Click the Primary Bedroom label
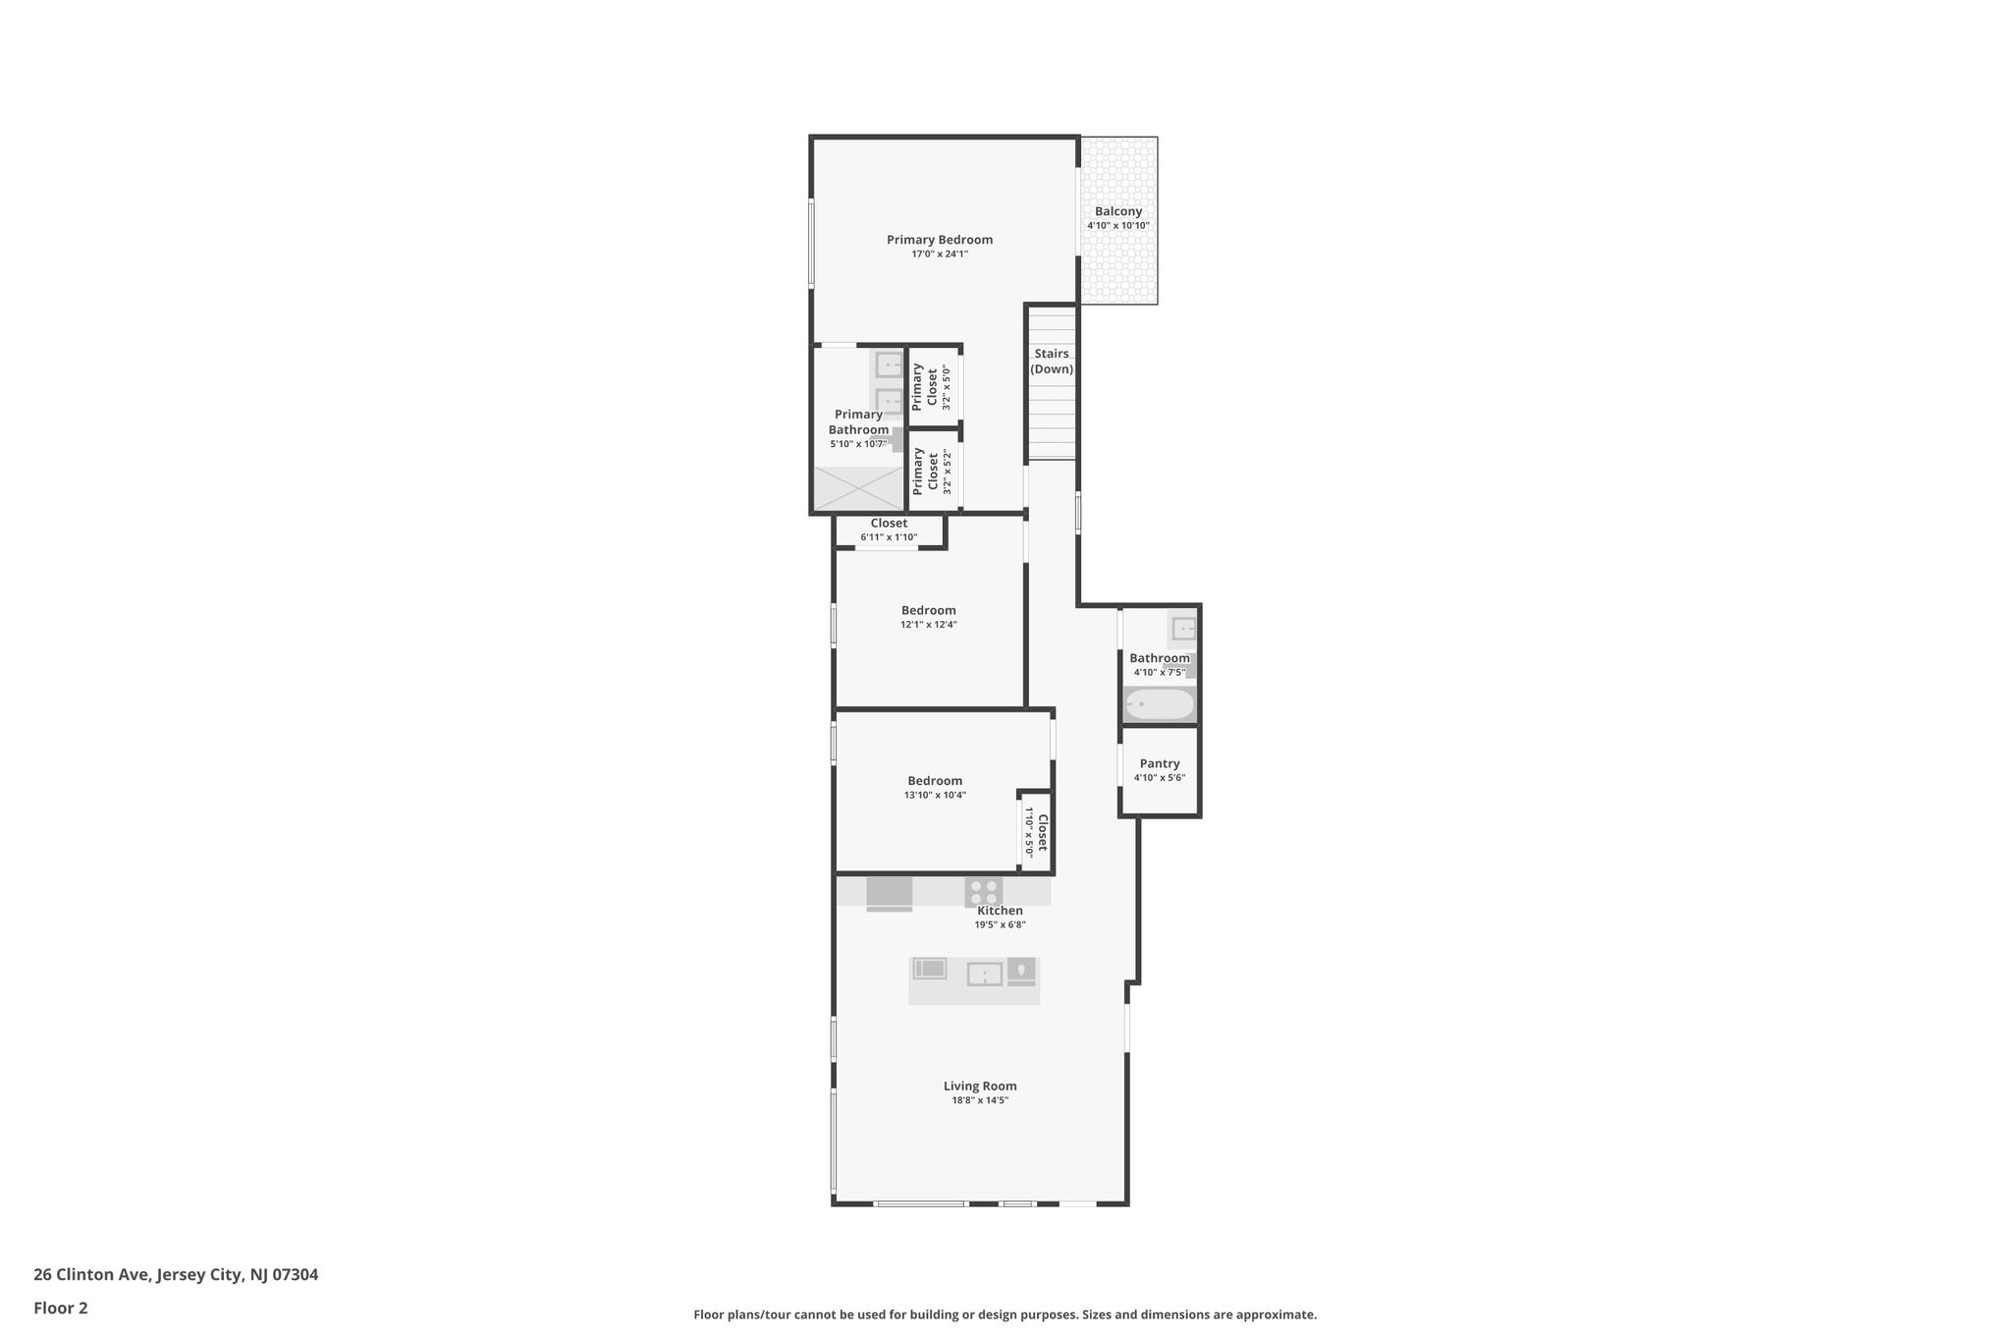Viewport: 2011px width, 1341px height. point(939,240)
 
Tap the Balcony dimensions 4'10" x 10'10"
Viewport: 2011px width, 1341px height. point(1117,226)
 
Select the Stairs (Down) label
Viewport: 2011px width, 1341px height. point(1051,362)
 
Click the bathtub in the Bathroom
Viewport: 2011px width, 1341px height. point(1159,704)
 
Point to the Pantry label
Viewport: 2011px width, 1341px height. point(1159,763)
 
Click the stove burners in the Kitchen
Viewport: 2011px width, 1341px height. point(983,892)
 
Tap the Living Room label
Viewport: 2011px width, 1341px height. point(979,1086)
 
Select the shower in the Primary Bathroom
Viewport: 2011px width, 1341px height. point(857,488)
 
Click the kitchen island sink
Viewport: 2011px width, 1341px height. point(984,974)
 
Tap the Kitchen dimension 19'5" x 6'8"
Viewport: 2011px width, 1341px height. point(1000,924)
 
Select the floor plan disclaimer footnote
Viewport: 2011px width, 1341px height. point(1005,1314)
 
